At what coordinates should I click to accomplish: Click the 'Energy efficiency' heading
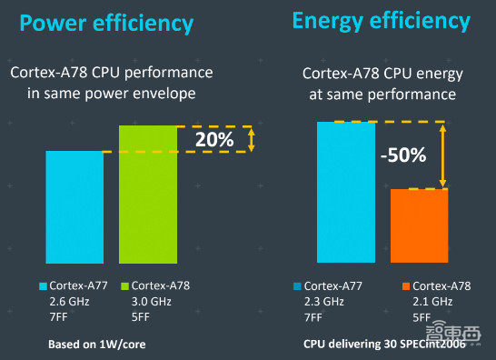coord(381,20)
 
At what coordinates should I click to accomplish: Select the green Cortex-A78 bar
coord(148,192)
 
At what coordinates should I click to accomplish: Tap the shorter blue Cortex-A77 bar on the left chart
coord(74,205)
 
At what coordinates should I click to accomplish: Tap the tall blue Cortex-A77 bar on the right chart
coord(345,191)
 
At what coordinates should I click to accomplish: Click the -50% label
coord(402,155)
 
